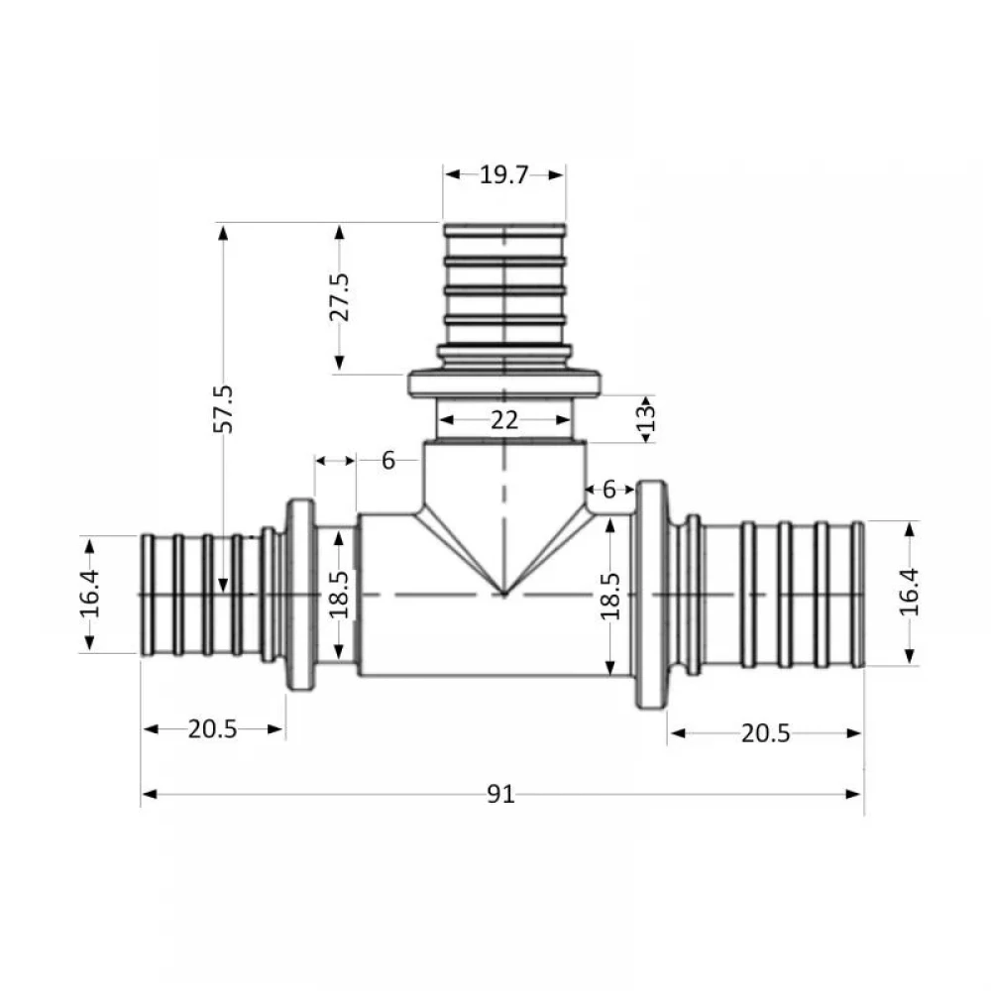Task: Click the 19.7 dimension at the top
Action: click(503, 175)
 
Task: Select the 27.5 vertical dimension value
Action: click(339, 297)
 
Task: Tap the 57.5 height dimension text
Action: click(223, 409)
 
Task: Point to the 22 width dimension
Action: click(504, 420)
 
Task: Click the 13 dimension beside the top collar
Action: click(646, 418)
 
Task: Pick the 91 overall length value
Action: click(500, 795)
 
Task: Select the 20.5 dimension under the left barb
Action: click(212, 729)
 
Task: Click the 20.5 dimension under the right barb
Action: click(765, 733)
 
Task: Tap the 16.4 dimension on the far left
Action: click(90, 594)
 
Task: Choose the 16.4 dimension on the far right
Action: click(910, 593)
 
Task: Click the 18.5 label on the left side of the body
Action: click(339, 595)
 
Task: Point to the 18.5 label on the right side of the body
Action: click(609, 596)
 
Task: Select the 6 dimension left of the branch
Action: click(388, 461)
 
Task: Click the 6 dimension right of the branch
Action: click(608, 490)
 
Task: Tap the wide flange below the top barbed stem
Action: click(504, 385)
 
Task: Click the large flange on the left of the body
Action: click(301, 595)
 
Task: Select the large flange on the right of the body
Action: click(652, 595)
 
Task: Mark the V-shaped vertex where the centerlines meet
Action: click(504, 594)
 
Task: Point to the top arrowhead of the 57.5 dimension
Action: click(223, 233)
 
